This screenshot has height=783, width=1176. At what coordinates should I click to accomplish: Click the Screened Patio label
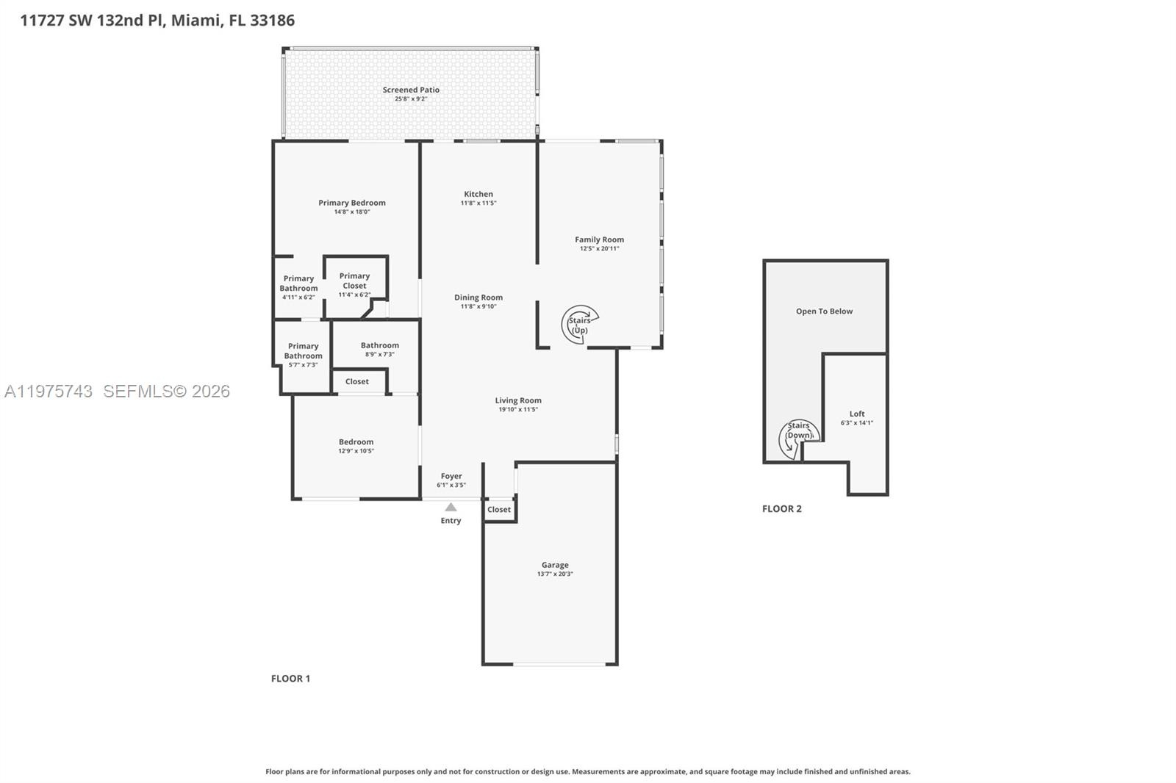[411, 90]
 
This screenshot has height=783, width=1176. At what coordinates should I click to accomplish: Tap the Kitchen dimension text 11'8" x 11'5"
[478, 203]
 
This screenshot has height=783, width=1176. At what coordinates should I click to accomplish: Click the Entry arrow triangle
[451, 507]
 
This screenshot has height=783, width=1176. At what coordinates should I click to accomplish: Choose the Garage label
[555, 565]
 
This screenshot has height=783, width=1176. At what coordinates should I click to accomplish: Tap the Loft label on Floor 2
[857, 414]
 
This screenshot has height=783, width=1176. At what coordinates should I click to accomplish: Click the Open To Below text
[824, 311]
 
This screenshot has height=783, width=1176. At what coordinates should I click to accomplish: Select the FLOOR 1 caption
[290, 679]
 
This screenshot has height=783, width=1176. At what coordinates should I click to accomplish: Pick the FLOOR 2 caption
[782, 508]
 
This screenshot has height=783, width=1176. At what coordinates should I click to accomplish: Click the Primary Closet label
[354, 281]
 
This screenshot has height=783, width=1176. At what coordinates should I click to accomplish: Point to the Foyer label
[451, 476]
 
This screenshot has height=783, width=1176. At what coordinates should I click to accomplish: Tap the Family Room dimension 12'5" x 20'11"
[599, 249]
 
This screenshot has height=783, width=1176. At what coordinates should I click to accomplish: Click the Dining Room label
[478, 297]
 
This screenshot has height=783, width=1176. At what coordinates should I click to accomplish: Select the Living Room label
[518, 400]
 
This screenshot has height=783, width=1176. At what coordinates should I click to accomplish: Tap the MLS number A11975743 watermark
[49, 391]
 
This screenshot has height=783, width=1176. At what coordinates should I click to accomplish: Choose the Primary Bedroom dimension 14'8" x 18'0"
[352, 212]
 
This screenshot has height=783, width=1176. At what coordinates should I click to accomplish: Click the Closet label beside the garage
[499, 510]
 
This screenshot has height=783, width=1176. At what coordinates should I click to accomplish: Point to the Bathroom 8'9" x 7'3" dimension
[379, 354]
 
